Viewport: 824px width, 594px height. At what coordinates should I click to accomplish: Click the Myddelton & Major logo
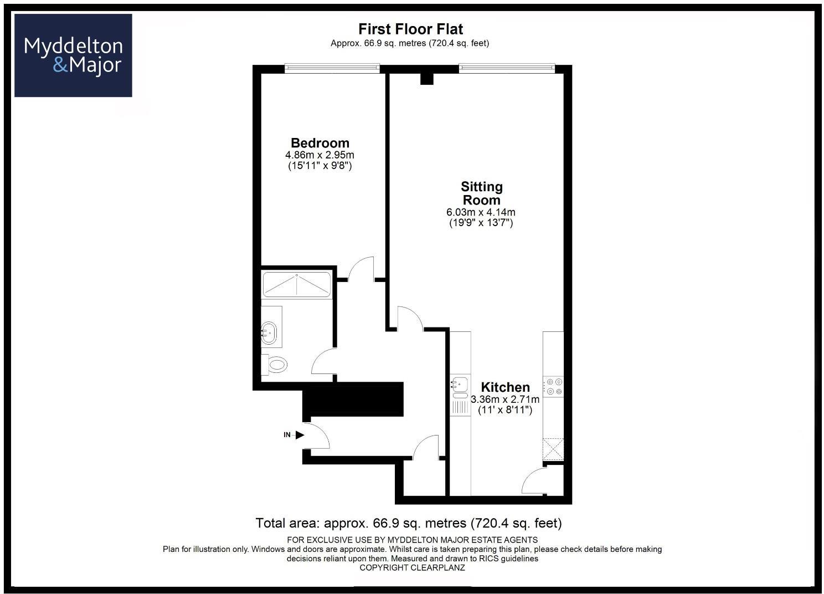point(73,55)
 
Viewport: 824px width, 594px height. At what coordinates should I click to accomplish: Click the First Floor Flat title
point(410,29)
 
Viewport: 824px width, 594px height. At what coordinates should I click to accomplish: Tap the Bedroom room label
point(320,143)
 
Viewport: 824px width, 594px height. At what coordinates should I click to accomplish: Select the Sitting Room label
point(481,193)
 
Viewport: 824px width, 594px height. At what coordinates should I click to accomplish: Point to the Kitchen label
point(504,387)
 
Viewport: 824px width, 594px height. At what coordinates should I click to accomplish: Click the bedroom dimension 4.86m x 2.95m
point(320,155)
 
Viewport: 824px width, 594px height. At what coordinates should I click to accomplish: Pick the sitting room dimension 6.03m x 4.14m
point(481,212)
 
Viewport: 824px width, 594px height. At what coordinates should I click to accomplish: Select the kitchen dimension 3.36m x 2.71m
point(504,400)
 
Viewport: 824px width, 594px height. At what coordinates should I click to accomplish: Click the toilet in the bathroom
point(275,365)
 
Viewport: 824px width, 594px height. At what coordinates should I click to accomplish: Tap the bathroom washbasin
point(271,333)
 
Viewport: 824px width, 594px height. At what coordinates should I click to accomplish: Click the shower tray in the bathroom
point(296,284)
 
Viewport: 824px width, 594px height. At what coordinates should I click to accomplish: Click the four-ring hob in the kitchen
point(553,386)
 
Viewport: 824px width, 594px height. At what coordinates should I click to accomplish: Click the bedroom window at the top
point(332,68)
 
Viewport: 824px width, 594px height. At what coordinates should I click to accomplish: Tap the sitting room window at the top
point(506,68)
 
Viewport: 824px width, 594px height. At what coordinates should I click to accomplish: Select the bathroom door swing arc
point(323,362)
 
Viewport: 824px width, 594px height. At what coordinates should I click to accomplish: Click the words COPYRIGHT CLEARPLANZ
point(412,568)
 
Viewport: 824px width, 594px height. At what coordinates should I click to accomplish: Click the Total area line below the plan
point(409,523)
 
